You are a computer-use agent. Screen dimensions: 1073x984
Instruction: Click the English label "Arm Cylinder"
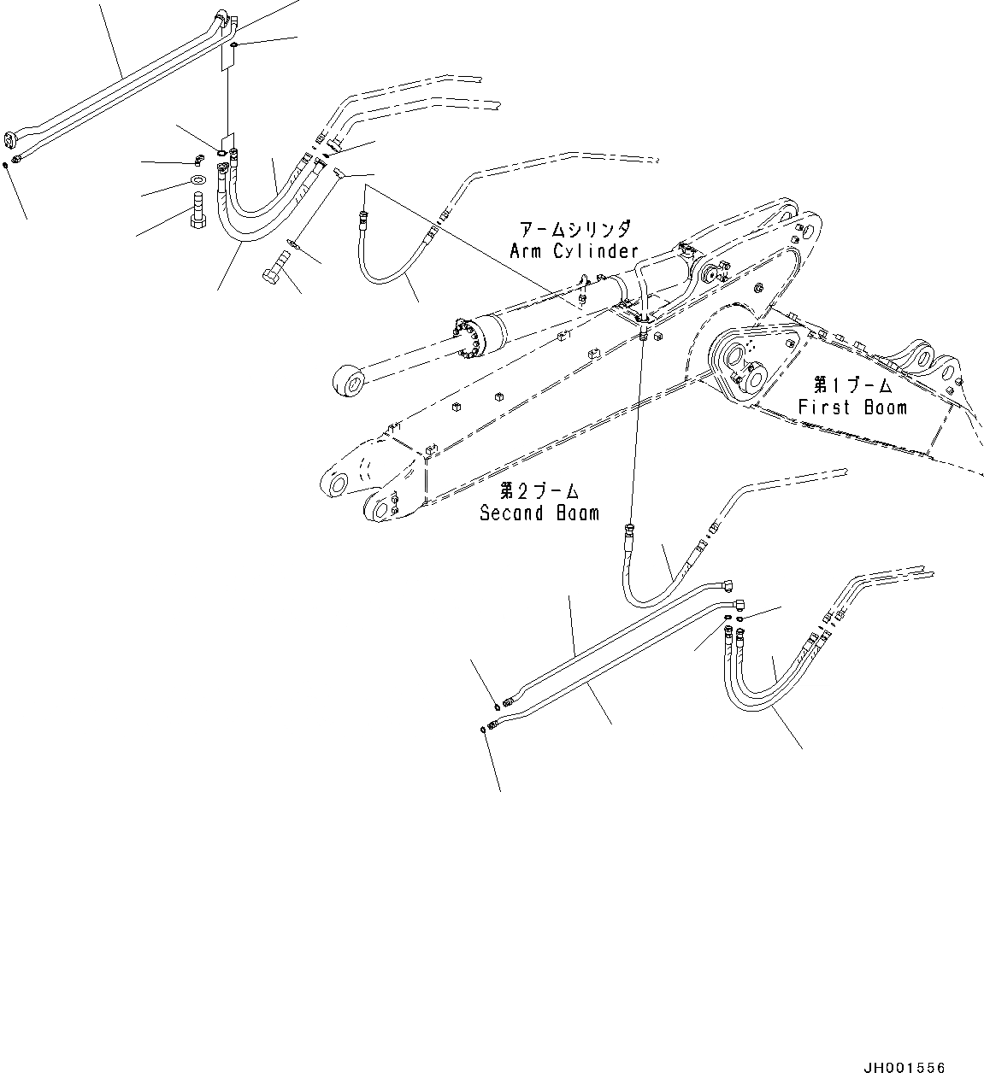(x=574, y=251)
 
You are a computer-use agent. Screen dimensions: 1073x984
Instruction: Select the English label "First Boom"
(x=851, y=408)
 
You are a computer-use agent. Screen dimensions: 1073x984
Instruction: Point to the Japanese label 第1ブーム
(x=851, y=385)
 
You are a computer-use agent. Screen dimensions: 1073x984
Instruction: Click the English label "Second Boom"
(x=539, y=513)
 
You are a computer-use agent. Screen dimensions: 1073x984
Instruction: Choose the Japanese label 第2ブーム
(x=539, y=491)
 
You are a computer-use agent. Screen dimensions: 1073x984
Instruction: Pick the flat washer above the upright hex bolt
(x=197, y=179)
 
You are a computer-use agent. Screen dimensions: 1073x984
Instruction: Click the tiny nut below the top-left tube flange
(x=6, y=163)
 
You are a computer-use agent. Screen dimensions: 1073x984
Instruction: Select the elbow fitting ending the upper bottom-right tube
(x=728, y=586)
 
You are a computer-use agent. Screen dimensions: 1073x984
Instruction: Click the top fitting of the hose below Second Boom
(x=629, y=530)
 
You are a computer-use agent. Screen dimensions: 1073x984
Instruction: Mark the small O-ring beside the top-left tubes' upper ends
(x=235, y=44)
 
